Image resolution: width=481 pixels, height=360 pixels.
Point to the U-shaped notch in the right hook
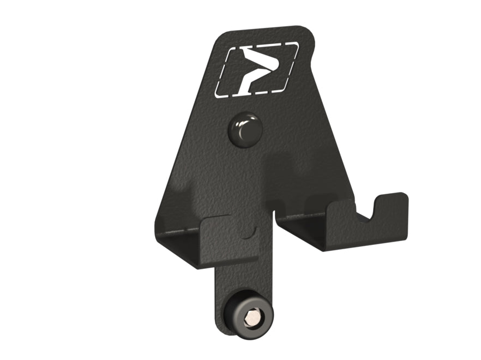pos(371,211)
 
